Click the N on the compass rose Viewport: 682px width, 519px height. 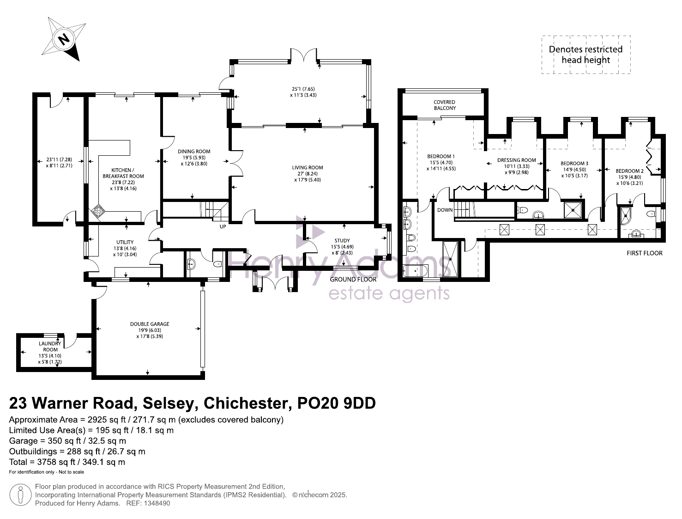[64, 39]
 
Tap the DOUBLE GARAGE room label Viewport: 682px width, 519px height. [150, 324]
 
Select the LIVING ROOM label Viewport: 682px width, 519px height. [307, 168]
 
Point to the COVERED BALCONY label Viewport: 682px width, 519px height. [445, 105]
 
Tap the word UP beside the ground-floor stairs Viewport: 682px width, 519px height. [223, 227]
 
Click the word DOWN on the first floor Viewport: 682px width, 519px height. [445, 210]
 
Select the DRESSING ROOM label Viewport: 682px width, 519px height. [516, 160]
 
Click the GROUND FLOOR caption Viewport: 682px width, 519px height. [353, 280]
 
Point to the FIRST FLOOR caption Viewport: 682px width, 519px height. [645, 253]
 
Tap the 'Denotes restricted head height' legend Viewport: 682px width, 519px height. [585, 55]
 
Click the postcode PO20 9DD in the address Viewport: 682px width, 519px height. [337, 403]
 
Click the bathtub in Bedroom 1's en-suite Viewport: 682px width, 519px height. [416, 271]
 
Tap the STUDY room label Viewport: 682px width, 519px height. [342, 241]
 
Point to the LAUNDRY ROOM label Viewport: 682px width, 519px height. [50, 347]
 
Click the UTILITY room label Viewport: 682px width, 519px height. [125, 242]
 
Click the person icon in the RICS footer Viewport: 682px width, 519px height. [20, 495]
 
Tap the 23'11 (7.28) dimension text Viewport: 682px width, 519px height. [59, 159]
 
